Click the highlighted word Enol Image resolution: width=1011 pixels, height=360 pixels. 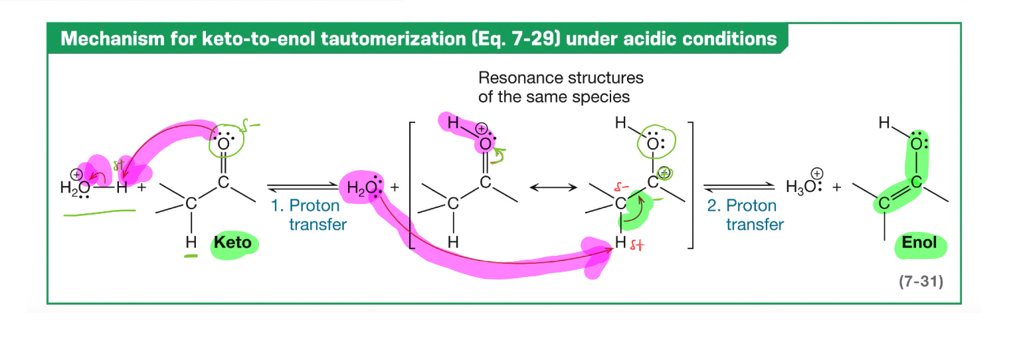click(919, 242)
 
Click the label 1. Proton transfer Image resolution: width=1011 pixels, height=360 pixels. click(308, 215)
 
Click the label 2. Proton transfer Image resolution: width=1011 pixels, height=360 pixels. click(745, 215)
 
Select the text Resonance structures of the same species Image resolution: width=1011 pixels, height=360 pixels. click(560, 87)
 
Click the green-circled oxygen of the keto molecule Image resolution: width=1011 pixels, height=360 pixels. click(223, 143)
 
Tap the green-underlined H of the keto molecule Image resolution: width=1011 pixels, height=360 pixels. click(191, 242)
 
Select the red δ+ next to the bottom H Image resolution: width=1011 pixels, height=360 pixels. click(636, 247)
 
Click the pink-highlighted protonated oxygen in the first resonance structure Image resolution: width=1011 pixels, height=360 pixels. click(486, 143)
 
